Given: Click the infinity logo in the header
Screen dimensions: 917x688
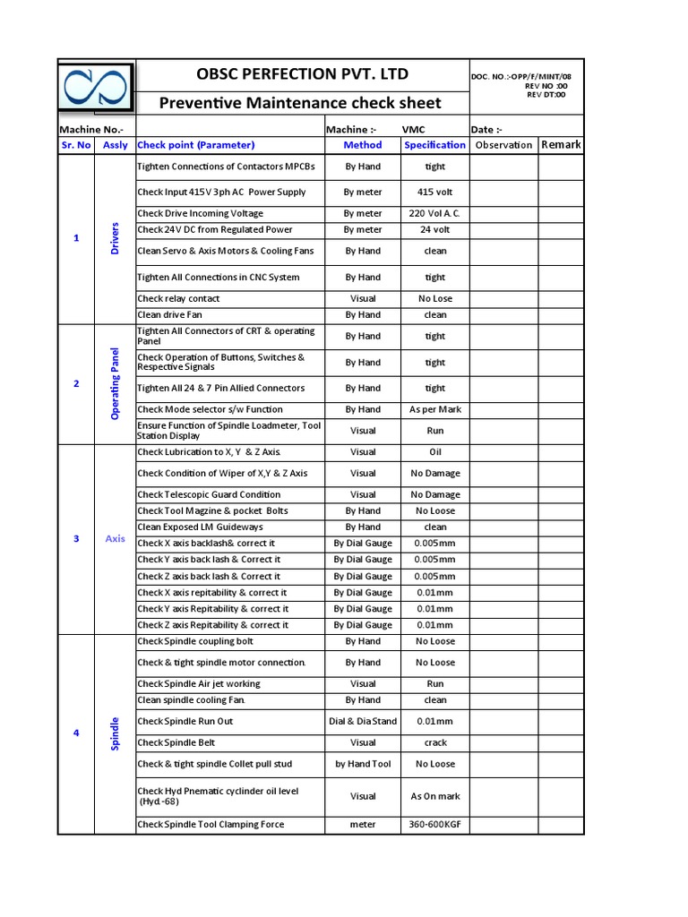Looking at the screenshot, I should (x=96, y=89).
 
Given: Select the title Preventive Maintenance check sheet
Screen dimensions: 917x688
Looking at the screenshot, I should (x=300, y=103).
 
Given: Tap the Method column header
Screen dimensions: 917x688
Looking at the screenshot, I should (x=363, y=145).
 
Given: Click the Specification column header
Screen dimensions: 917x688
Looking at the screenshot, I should (x=434, y=145).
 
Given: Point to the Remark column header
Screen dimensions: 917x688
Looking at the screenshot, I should (x=561, y=145).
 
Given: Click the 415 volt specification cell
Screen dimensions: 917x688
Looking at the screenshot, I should (x=434, y=193).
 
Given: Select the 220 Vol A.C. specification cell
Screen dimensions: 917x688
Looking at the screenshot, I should (x=434, y=214).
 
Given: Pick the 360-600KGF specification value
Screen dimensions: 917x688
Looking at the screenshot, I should (x=434, y=825).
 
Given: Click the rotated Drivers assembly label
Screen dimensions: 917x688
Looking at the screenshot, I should (x=115, y=238).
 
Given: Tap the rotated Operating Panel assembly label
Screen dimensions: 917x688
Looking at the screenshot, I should (x=115, y=383).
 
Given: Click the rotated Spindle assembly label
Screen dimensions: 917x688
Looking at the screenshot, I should (x=115, y=733).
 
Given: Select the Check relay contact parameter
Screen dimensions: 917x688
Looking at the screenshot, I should (x=178, y=299).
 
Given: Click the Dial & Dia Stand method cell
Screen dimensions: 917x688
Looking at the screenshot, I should (x=363, y=722).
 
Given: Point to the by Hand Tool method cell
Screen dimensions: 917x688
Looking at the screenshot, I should (x=363, y=765).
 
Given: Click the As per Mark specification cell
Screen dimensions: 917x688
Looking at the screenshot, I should (x=434, y=409).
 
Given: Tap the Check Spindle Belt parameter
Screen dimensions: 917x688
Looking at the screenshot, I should (x=176, y=743).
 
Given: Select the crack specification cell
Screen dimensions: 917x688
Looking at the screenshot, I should (x=434, y=743).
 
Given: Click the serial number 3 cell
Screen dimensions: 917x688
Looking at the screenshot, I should (x=76, y=539).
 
